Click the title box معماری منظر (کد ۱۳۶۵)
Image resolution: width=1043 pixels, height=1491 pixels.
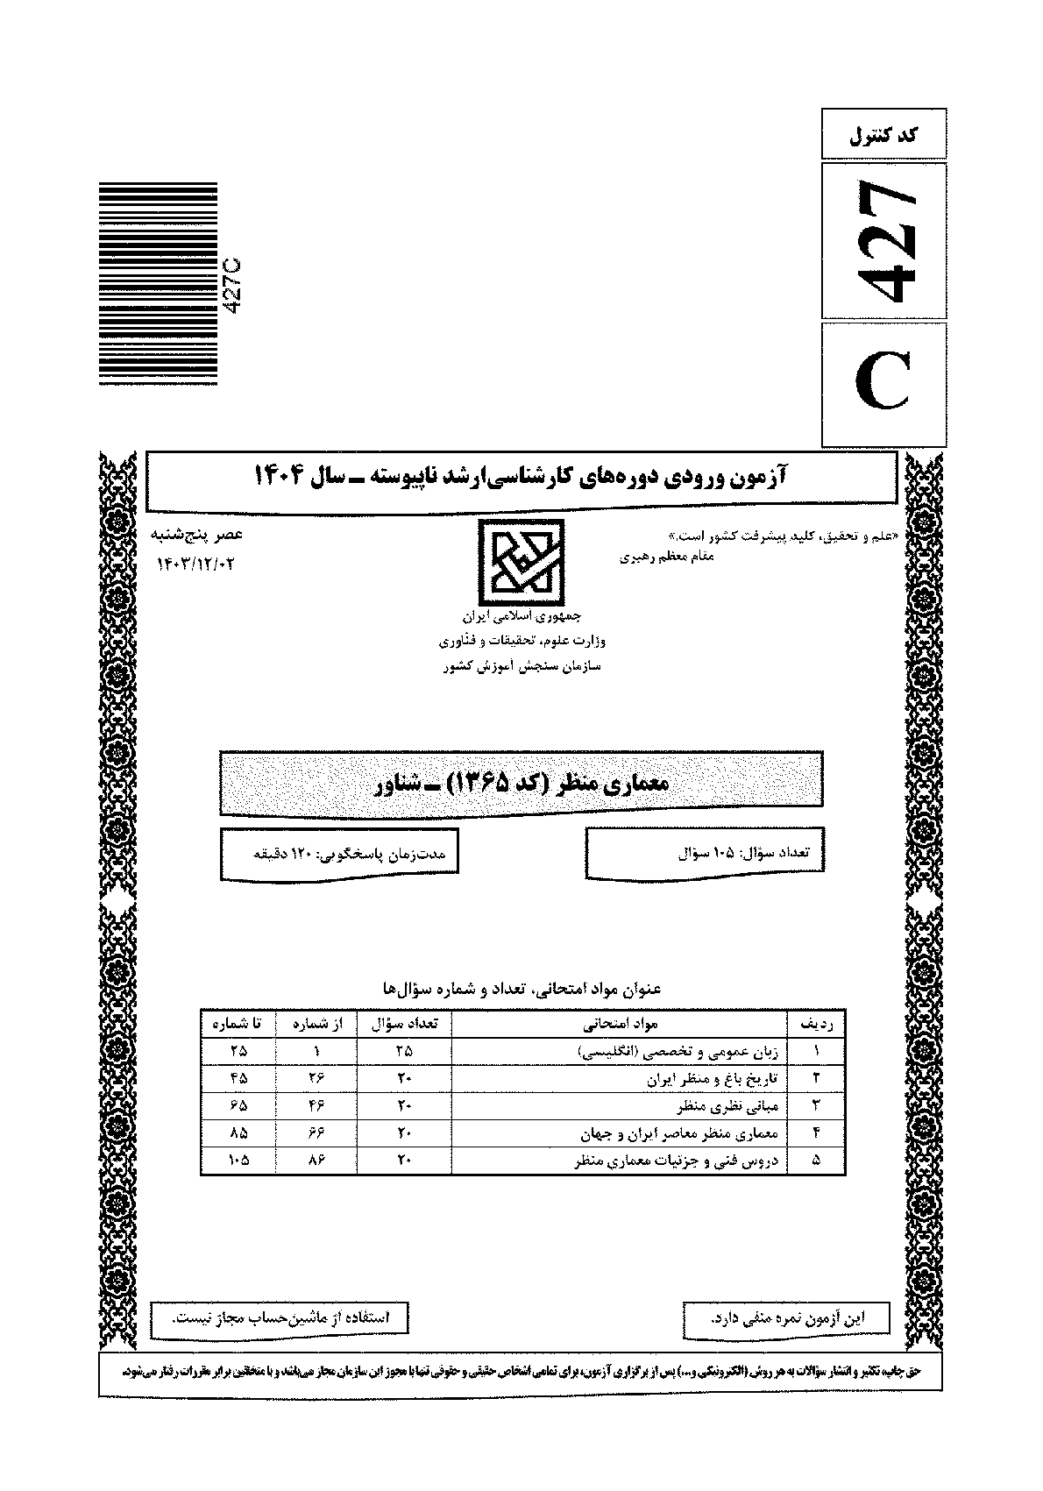point(521,783)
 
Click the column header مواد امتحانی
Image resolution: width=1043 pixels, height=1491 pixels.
point(621,1023)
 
